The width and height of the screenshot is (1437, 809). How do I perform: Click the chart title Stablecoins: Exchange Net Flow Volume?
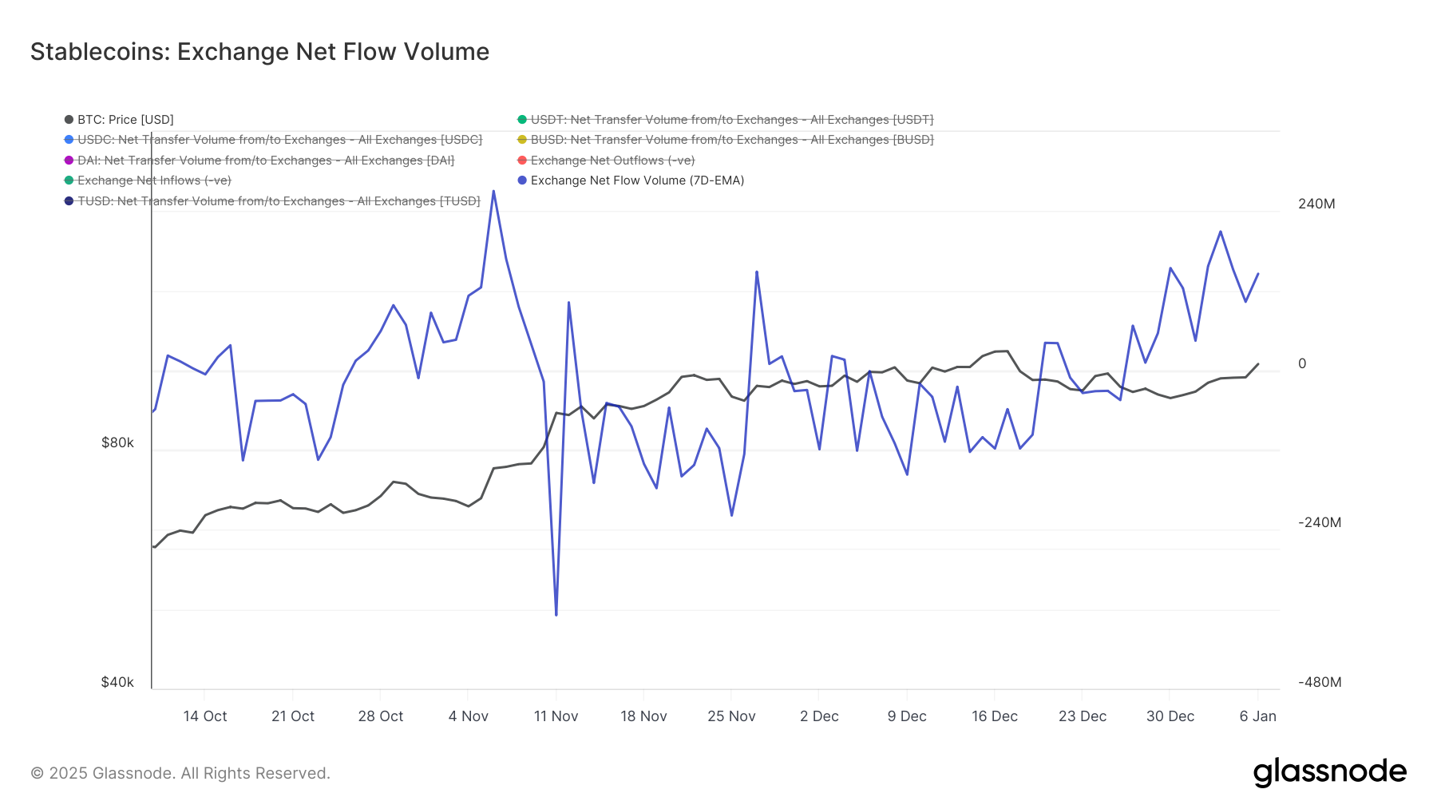point(259,52)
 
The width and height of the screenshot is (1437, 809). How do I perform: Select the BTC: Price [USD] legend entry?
point(125,120)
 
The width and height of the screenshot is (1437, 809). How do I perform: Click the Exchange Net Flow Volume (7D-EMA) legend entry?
point(636,180)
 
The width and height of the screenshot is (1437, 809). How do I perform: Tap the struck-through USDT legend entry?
point(730,120)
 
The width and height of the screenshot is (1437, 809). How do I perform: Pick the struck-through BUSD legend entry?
point(730,140)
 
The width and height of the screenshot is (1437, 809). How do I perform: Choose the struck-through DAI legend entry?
point(265,161)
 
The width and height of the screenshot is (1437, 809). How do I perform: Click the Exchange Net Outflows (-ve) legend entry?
point(612,161)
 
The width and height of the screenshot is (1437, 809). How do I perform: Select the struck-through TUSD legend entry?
point(278,201)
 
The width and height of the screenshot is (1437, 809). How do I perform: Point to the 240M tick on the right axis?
point(1316,204)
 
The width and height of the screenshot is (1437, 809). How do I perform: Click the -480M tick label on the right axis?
point(1319,682)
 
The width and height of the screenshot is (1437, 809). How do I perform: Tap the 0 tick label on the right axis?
point(1302,363)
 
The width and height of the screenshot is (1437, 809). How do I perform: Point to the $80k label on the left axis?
point(117,442)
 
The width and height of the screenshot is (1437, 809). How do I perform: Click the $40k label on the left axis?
point(117,682)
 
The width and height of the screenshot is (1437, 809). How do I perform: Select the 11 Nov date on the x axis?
point(556,716)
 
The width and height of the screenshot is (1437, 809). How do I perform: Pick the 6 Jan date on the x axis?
point(1257,716)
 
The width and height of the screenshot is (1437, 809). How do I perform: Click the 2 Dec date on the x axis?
point(819,716)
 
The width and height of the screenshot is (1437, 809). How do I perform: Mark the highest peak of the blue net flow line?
point(493,191)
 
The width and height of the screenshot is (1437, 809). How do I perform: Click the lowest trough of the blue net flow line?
point(556,615)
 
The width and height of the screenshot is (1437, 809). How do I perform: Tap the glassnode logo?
point(1329,772)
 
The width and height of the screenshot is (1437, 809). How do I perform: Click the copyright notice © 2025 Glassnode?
point(180,773)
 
